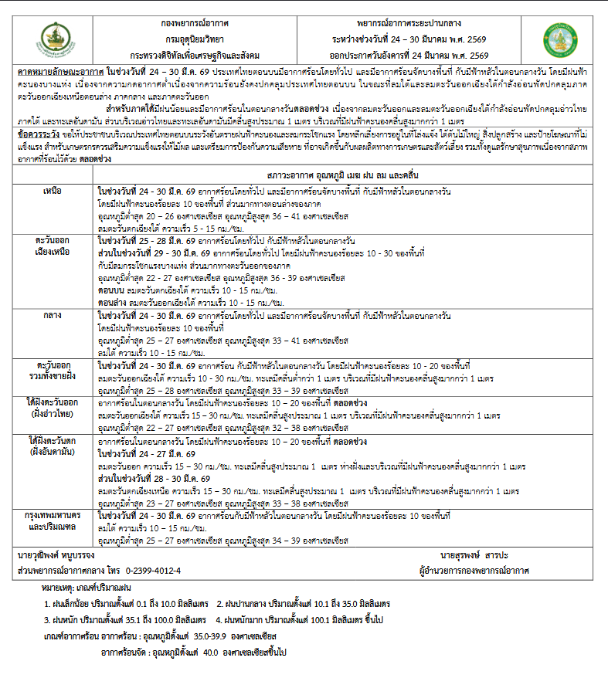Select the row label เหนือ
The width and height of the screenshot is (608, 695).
click(53, 190)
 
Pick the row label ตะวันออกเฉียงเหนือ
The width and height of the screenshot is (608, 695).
click(53, 246)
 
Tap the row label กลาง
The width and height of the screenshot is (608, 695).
click(53, 316)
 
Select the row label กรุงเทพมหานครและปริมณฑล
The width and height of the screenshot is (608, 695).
click(53, 519)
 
